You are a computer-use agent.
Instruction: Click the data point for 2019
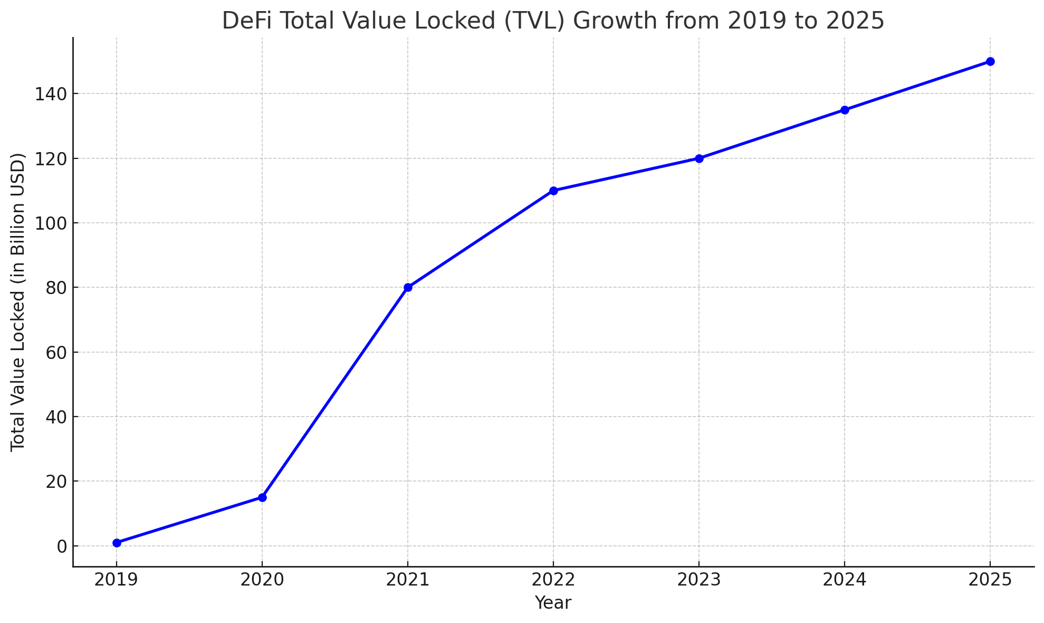coord(117,543)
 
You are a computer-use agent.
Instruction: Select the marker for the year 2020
coord(262,497)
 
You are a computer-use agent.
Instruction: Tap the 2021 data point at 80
coord(408,287)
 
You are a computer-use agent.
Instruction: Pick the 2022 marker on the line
coord(553,191)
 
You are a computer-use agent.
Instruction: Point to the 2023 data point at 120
coord(699,158)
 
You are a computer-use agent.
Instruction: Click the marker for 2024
coord(845,110)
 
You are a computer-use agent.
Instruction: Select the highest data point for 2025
coord(990,61)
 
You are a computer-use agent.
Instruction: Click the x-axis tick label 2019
coord(116,580)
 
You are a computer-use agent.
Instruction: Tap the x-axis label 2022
coord(553,580)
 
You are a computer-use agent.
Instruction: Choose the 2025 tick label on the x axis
coord(990,580)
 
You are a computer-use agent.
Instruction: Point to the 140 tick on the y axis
coord(51,94)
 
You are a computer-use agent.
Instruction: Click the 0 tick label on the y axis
coord(62,546)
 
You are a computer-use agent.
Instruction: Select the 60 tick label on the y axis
coord(56,352)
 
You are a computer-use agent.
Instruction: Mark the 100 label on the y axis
coord(51,223)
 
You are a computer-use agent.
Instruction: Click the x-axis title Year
coord(553,603)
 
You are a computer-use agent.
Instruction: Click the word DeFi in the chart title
coord(244,21)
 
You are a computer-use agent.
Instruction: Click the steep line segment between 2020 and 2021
coord(335,392)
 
